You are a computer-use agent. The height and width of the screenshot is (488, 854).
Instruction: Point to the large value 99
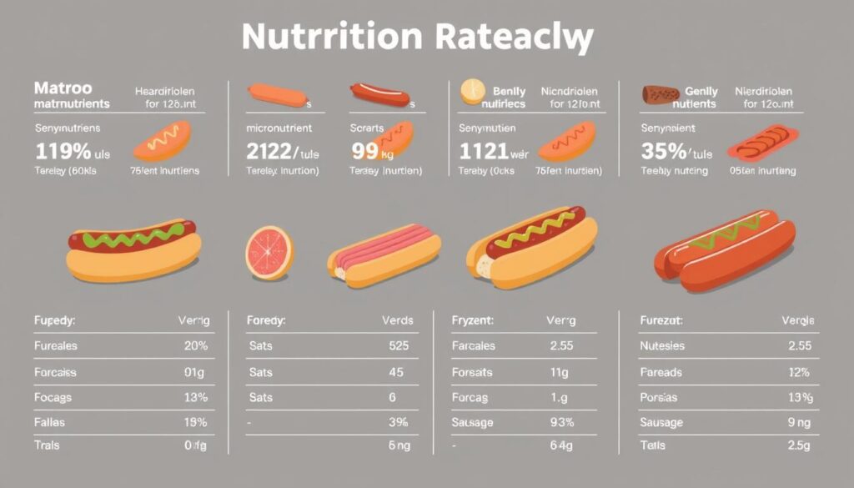[x=364, y=152]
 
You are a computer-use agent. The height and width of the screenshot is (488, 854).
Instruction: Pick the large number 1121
[x=484, y=152]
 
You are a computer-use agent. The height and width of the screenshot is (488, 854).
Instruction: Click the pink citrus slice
[x=269, y=252]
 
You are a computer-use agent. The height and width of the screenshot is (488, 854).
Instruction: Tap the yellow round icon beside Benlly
[x=473, y=91]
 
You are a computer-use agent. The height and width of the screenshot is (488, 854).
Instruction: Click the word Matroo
[x=63, y=88]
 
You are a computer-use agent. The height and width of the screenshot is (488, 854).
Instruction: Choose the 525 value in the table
[x=399, y=345]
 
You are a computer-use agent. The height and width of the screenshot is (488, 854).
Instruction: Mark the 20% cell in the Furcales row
[x=194, y=345]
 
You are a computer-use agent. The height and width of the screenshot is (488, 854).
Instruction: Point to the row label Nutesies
[x=661, y=345]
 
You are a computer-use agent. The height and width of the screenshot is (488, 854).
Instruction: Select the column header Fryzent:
[x=472, y=319]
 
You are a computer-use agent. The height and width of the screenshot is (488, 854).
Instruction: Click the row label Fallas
[x=49, y=423]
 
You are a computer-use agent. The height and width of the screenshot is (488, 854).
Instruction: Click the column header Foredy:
[x=266, y=319]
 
